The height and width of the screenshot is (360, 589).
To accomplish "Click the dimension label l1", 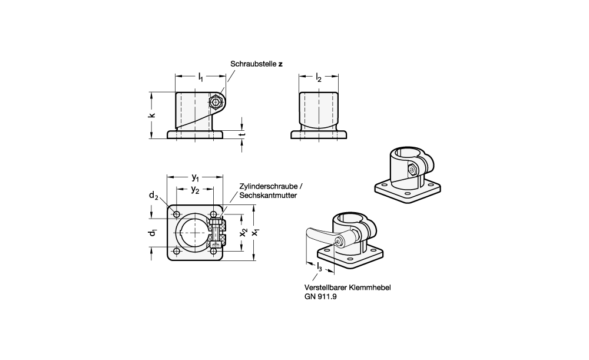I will click(x=201, y=77).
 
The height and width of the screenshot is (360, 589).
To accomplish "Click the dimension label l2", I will click(x=319, y=77).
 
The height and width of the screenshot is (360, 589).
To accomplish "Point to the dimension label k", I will click(x=151, y=115).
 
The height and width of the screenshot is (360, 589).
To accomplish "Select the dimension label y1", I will click(x=195, y=178).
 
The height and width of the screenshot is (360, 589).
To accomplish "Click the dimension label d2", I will click(x=153, y=196).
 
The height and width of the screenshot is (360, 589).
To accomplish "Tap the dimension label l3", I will click(x=319, y=269).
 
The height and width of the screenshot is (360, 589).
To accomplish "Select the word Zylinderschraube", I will click(x=263, y=187).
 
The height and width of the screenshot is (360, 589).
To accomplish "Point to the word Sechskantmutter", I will click(x=268, y=195).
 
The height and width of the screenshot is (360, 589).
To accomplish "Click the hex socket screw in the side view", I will click(x=217, y=103).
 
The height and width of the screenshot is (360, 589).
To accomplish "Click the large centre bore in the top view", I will click(x=191, y=232).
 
